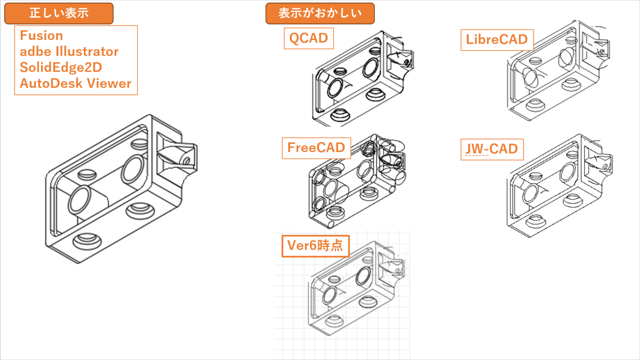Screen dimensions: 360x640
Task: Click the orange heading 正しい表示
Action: tap(59, 13)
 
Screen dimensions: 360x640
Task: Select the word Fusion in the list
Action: tap(41, 35)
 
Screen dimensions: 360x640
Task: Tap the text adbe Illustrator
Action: tap(69, 51)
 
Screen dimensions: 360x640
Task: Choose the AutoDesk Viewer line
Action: tap(75, 83)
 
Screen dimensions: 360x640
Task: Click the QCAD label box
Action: tap(308, 38)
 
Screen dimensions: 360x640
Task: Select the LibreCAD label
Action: tap(496, 39)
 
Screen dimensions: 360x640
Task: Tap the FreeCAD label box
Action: tap(316, 148)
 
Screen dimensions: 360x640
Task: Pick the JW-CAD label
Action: tap(491, 149)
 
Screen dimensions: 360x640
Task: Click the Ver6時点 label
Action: tap(315, 245)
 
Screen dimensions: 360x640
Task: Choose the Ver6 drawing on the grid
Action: tap(355, 285)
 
